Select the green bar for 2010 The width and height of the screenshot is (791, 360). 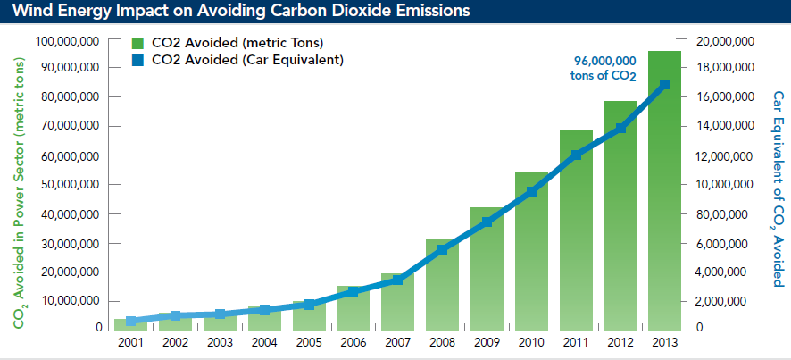[x=531, y=251]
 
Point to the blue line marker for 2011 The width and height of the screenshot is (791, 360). [x=576, y=155]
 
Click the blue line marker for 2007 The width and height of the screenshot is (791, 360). [x=397, y=280]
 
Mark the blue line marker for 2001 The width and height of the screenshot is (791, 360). [x=131, y=321]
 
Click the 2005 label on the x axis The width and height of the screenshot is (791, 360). [x=310, y=341]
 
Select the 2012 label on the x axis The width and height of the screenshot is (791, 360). [x=620, y=341]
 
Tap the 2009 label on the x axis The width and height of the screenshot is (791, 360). [x=487, y=341]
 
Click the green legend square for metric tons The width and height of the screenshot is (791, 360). [x=138, y=43]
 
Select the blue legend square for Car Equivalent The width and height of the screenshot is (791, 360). [x=138, y=60]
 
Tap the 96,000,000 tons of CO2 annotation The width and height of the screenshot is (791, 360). [x=604, y=68]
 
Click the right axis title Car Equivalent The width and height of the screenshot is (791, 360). [x=773, y=188]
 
